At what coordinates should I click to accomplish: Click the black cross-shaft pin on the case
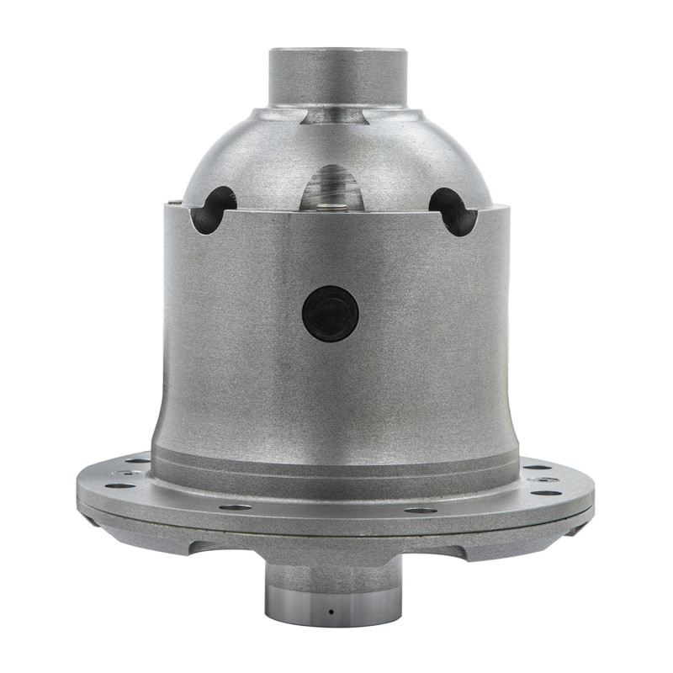pyautogui.click(x=331, y=313)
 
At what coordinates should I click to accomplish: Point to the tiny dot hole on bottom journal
pyautogui.click(x=331, y=611)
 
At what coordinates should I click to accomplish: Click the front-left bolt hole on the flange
pyautogui.click(x=235, y=507)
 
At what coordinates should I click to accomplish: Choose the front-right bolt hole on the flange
pyautogui.click(x=420, y=509)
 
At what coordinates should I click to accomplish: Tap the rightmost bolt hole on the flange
pyautogui.click(x=547, y=493)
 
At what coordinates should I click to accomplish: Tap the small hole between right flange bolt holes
pyautogui.click(x=543, y=480)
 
